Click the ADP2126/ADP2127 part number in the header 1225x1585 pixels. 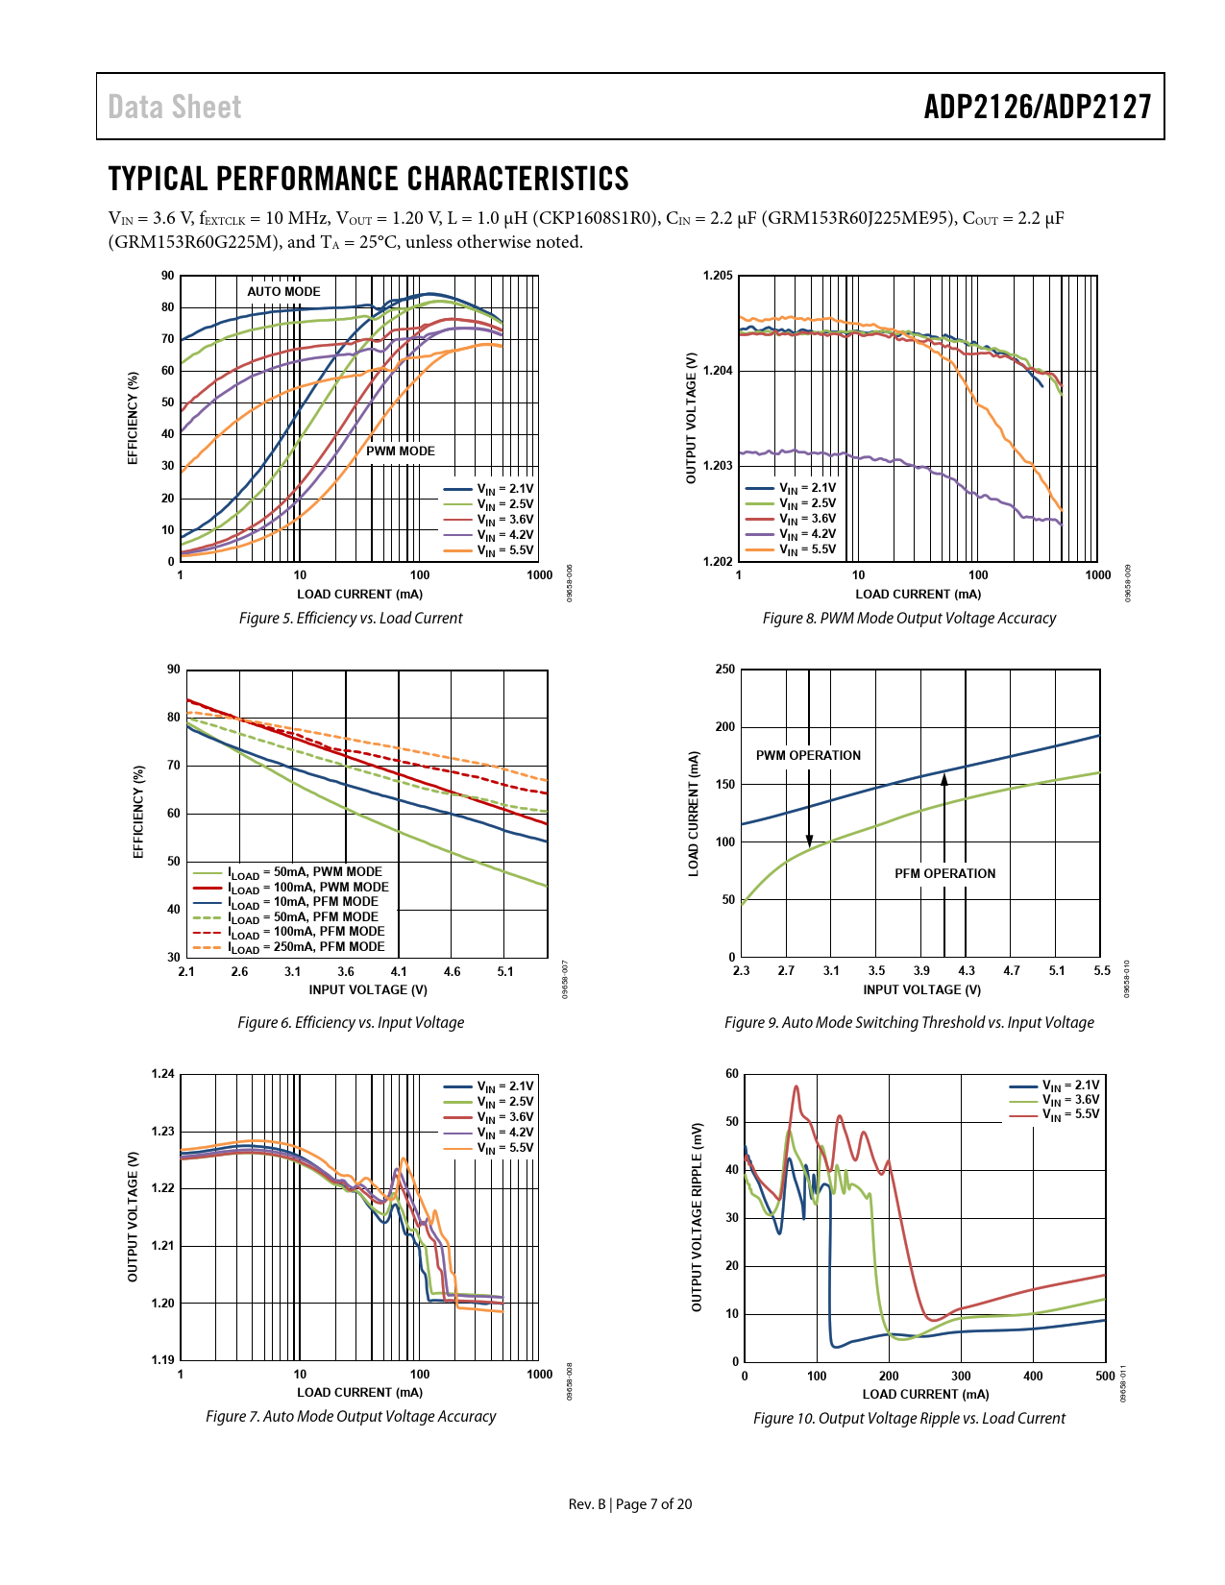1037,107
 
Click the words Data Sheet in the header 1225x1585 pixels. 175,107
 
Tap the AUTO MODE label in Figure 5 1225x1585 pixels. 283,292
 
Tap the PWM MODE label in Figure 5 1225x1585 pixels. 401,451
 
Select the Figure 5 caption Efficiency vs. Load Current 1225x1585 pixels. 351,619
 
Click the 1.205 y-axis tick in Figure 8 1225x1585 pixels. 718,277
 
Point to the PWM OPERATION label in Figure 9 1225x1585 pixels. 808,756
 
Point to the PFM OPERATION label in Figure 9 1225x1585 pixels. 944,874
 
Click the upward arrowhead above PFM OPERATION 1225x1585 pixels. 944,779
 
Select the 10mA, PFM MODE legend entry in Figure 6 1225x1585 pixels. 286,902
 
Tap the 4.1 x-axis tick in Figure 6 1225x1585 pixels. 399,972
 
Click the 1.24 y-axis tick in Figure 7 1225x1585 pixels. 163,1074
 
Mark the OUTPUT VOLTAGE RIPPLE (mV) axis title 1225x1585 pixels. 698,1217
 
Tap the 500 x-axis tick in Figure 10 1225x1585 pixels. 1105,1377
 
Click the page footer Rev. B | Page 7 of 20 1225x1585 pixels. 629,1504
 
